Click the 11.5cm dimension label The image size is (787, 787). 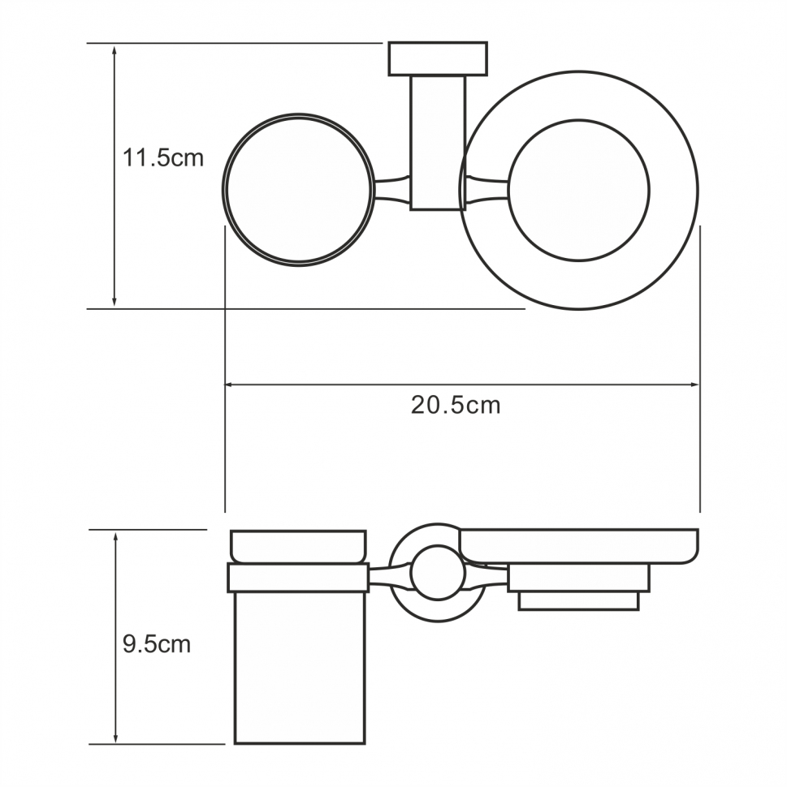[162, 157]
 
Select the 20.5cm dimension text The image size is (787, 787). [455, 405]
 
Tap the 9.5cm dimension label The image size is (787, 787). [157, 645]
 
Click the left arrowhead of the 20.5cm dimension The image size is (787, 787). [230, 385]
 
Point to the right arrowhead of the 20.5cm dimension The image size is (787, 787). [694, 385]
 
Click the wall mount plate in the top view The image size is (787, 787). [438, 58]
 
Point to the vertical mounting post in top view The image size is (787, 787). [438, 142]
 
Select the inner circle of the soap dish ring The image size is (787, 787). [580, 190]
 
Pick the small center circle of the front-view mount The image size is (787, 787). [438, 573]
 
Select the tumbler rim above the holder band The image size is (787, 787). [299, 546]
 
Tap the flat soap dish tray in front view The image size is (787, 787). [578, 546]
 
